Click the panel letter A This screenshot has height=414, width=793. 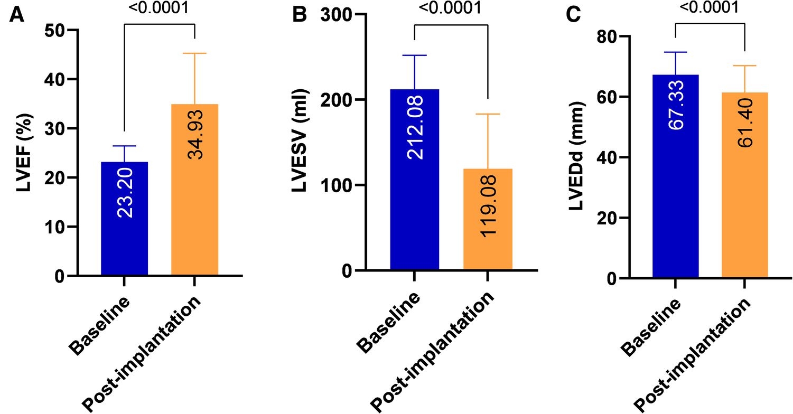[x=17, y=15]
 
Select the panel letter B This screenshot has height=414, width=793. [x=299, y=15]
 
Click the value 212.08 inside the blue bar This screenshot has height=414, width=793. [x=415, y=127]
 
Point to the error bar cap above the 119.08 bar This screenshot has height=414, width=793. [x=487, y=114]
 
